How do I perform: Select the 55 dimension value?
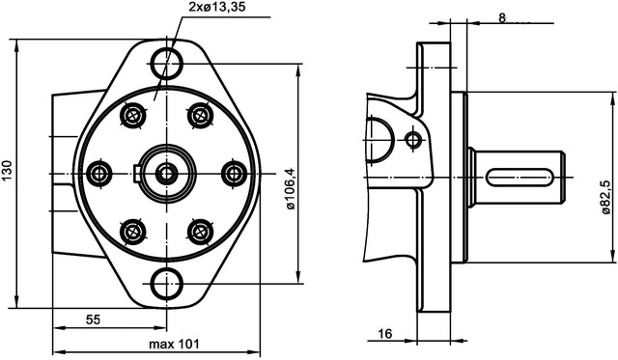point(94,319)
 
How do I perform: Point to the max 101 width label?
point(174,344)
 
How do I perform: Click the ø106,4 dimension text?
point(291,188)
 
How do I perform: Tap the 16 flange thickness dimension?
point(385,334)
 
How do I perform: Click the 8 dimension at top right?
point(502,17)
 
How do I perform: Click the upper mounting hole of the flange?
point(167,64)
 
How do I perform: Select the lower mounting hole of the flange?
point(167,284)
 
